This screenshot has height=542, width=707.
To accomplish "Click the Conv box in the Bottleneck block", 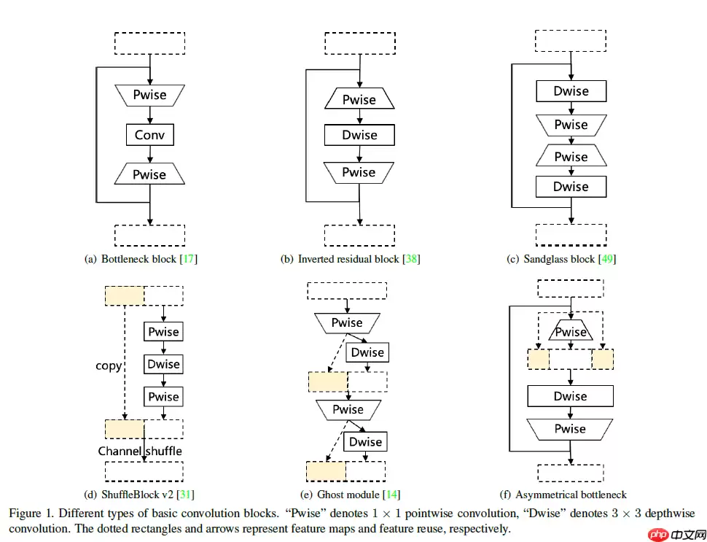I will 149,135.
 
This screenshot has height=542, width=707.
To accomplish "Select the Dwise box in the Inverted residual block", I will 359,135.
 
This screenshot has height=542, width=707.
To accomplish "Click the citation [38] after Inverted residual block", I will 412,259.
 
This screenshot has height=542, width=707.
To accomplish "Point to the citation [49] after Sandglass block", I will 607,259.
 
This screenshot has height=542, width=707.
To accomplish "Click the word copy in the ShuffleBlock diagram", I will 109,366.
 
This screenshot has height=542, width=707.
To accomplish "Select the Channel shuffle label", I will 140,451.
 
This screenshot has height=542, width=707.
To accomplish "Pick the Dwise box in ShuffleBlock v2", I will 163,364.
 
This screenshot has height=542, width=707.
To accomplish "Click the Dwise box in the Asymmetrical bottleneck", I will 570,396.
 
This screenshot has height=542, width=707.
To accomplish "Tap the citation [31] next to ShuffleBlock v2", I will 187,495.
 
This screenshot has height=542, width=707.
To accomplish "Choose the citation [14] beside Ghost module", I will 391,495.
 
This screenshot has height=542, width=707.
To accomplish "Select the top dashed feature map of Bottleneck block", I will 149,43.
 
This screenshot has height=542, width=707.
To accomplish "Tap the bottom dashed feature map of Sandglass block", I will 571,234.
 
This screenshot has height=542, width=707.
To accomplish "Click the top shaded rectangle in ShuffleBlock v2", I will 125,295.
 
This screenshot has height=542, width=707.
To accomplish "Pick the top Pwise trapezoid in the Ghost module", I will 347,322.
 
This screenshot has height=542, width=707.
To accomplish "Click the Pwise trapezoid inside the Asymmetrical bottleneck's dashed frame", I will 571,332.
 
